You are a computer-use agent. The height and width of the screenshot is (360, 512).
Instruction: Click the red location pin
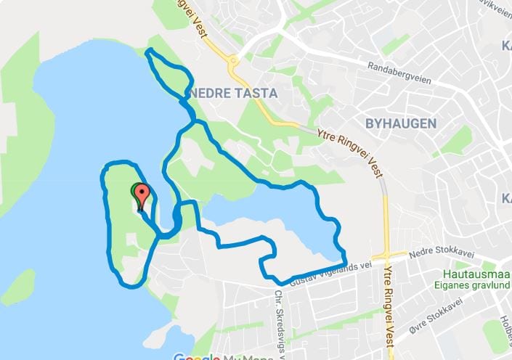[x=142, y=195]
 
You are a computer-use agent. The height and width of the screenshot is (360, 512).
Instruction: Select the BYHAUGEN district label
[x=401, y=123]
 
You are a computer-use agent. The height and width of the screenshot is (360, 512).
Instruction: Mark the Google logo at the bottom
[x=197, y=356]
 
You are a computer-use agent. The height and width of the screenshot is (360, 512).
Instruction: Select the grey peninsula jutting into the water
[x=156, y=334]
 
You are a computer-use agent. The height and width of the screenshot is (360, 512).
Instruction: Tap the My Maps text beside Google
[x=240, y=356]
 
